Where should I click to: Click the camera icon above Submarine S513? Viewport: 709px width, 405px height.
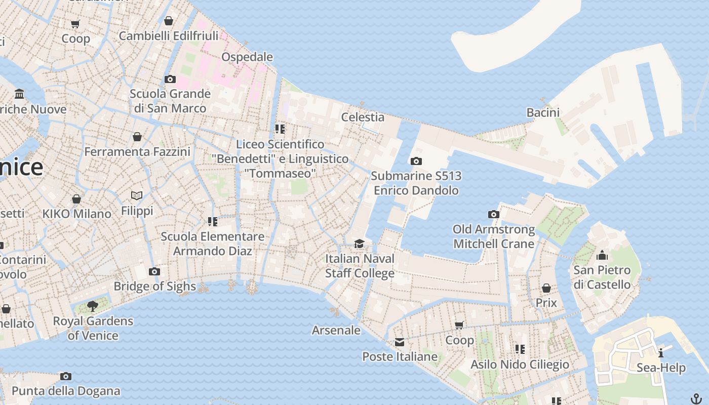[x=416, y=161]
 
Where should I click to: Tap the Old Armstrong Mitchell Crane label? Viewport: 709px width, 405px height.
[x=494, y=236]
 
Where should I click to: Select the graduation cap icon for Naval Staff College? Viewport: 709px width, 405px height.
[x=359, y=244]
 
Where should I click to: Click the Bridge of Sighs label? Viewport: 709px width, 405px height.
[x=154, y=286]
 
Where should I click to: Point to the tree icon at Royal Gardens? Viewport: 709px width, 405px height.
[x=92, y=306]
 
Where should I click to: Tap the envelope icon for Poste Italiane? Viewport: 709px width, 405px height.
[x=400, y=342]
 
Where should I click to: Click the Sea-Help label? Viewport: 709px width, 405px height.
[x=661, y=368]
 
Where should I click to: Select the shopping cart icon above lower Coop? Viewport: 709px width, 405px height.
[x=459, y=325]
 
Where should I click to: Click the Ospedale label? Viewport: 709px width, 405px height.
[x=247, y=57]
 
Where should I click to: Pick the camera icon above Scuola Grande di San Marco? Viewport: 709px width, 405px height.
[x=170, y=79]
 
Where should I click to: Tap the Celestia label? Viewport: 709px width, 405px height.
[x=363, y=117]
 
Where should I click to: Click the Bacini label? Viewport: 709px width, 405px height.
[x=543, y=112]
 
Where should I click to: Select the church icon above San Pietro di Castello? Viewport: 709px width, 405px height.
[x=602, y=255]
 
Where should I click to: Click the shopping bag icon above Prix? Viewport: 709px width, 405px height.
[x=546, y=288]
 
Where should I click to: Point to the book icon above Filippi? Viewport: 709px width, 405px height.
[x=137, y=195]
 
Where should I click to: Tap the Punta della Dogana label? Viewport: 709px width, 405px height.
[x=66, y=391]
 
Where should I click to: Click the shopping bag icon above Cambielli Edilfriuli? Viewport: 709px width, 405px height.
[x=169, y=21]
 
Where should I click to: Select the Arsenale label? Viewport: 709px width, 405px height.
[x=336, y=330]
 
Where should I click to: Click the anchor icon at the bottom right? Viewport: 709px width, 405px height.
[x=696, y=398]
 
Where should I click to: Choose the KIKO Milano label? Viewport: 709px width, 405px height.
[x=77, y=214]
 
